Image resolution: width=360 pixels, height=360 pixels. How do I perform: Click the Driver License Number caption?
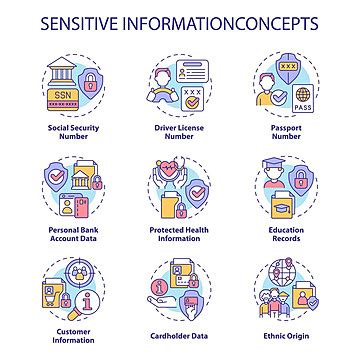coord(181,135)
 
